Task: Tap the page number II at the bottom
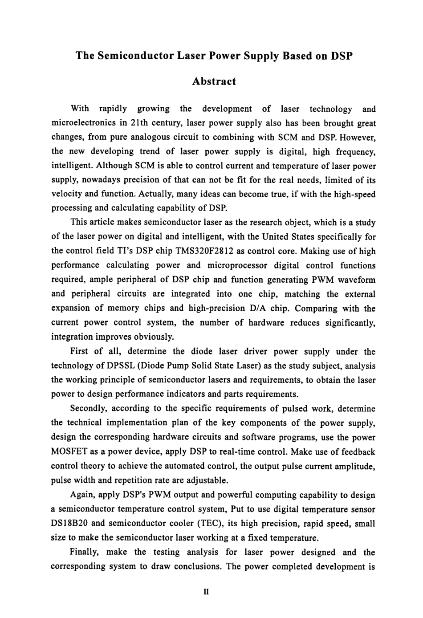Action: click(x=206, y=592)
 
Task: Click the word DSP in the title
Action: click(x=342, y=56)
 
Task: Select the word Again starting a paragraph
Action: click(x=82, y=495)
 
